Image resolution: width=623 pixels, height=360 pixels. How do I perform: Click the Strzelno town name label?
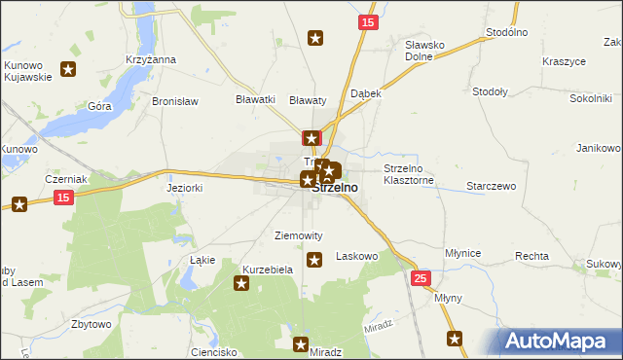pos(334,188)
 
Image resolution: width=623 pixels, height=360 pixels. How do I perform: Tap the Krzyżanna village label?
pos(150,59)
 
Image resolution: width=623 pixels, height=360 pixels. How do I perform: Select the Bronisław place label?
pos(175,101)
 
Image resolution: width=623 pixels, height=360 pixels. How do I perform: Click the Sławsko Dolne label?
pos(424,51)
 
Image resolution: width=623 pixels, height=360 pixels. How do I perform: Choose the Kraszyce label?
pos(564,61)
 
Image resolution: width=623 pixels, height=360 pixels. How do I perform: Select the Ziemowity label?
pos(299,235)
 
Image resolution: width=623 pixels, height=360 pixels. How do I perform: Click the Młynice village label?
pos(462,253)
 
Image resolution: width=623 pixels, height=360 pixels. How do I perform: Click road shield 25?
pos(421,278)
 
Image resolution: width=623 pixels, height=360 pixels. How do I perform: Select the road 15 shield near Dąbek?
pos(366,22)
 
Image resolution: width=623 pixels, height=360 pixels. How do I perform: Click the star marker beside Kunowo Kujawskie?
pos(68,68)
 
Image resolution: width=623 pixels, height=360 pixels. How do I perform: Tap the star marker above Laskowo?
pos(314,259)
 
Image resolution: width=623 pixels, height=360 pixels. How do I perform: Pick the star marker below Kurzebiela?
pos(240,283)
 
